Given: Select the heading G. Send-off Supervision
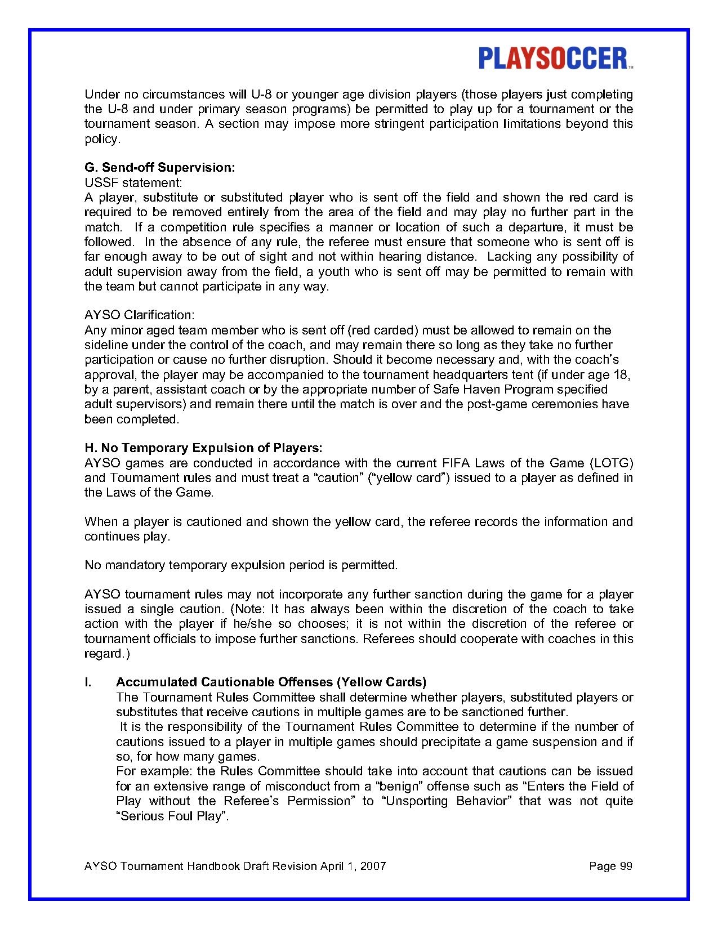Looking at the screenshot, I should (x=159, y=168).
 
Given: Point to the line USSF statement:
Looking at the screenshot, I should (x=133, y=182).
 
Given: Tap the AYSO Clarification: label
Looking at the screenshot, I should (x=139, y=315).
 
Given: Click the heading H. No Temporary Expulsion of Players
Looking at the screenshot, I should (x=203, y=448).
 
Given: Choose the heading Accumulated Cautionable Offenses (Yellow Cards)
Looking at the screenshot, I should (x=271, y=682).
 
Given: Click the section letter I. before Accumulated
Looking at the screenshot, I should (x=88, y=682).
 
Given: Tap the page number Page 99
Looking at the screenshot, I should (x=610, y=866).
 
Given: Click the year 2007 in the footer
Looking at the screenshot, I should (x=373, y=866).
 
